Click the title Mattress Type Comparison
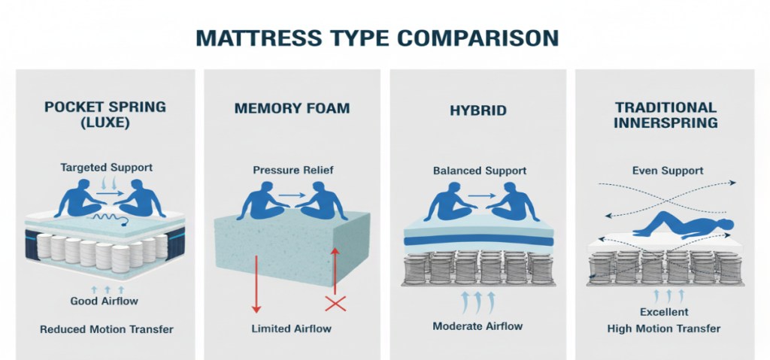[377, 37]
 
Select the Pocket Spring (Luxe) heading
[105, 114]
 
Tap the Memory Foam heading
[292, 108]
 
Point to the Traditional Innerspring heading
[665, 114]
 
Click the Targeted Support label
[105, 168]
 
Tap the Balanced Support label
[479, 171]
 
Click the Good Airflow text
[105, 302]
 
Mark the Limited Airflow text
[293, 328]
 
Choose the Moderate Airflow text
[478, 325]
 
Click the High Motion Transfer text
[664, 328]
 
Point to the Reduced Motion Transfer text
[106, 329]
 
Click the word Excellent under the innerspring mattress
[664, 311]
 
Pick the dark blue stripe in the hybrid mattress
[479, 241]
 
